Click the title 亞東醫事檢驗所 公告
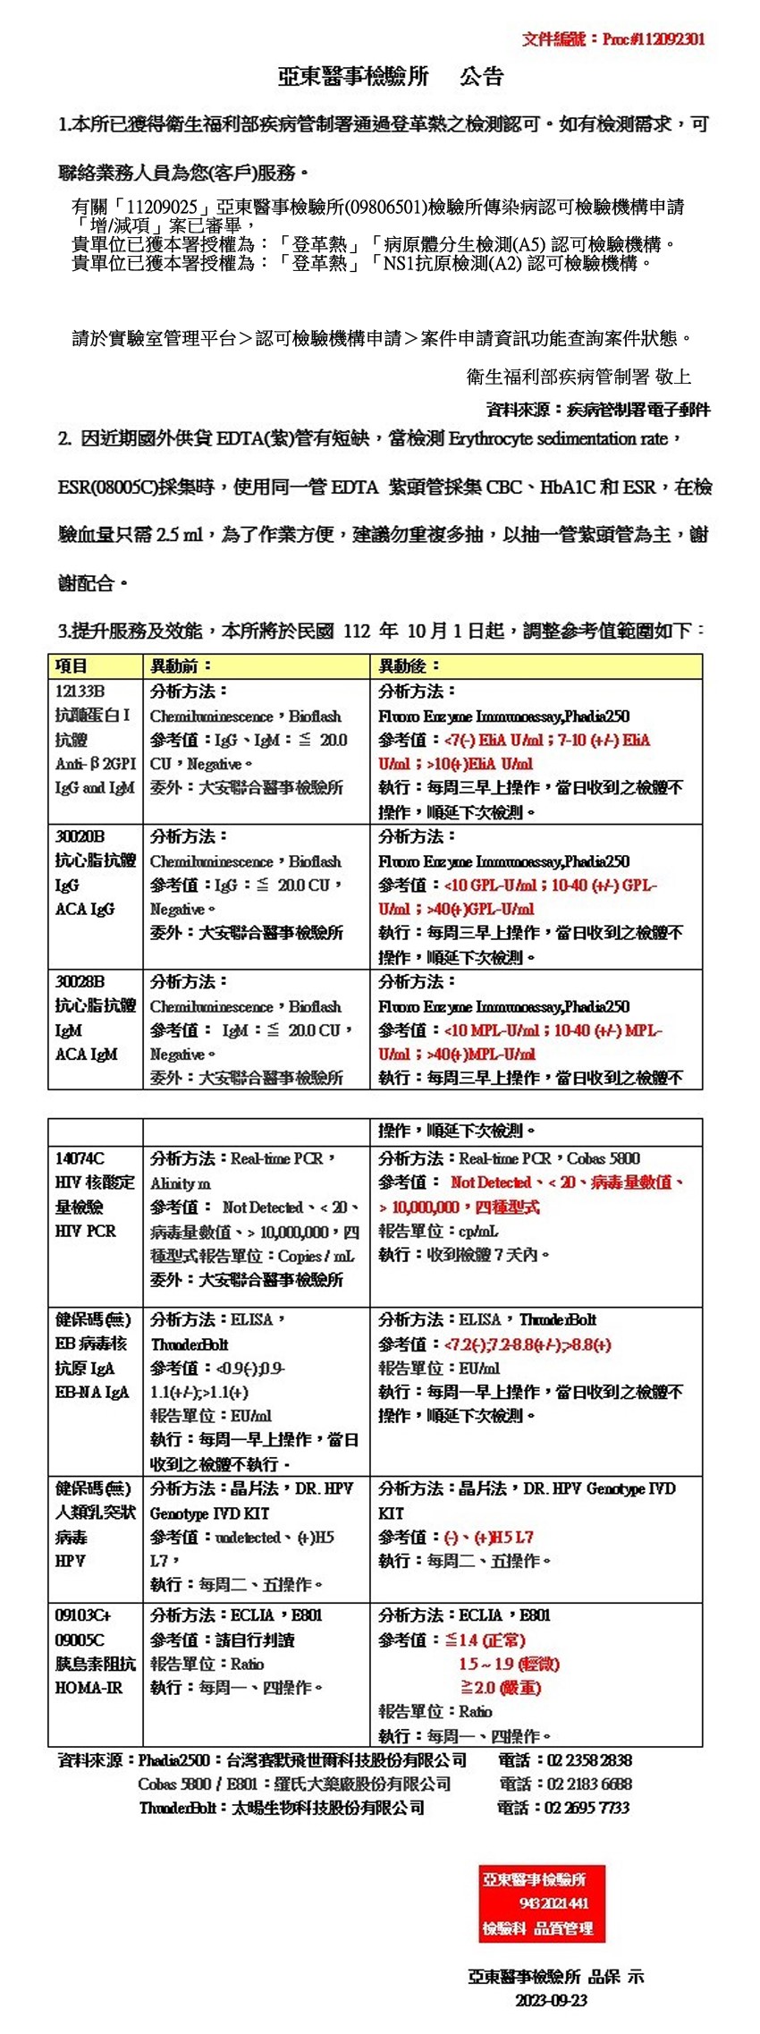(x=391, y=78)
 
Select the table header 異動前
(x=182, y=666)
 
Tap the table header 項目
(x=72, y=666)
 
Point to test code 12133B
(x=80, y=691)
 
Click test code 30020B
(x=80, y=836)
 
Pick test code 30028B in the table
(x=80, y=981)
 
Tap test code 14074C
(x=80, y=1158)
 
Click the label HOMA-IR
(x=89, y=1688)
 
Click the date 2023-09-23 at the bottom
(x=551, y=2000)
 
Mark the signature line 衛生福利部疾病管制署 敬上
(x=578, y=377)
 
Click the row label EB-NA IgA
(x=92, y=1393)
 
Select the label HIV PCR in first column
(x=85, y=1231)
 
